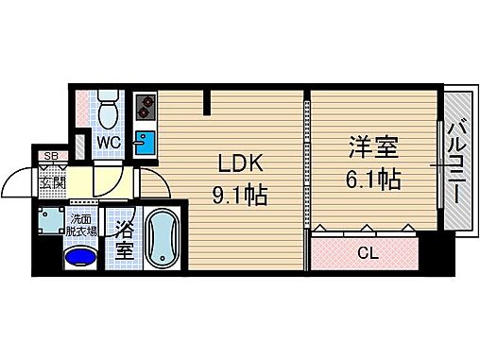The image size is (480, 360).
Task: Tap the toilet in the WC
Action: (x=108, y=110)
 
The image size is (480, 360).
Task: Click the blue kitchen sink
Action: (x=145, y=145)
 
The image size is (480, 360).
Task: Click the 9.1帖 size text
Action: (x=240, y=197)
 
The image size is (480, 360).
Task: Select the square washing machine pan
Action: (x=51, y=221)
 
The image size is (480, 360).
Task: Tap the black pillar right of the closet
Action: (x=430, y=249)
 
